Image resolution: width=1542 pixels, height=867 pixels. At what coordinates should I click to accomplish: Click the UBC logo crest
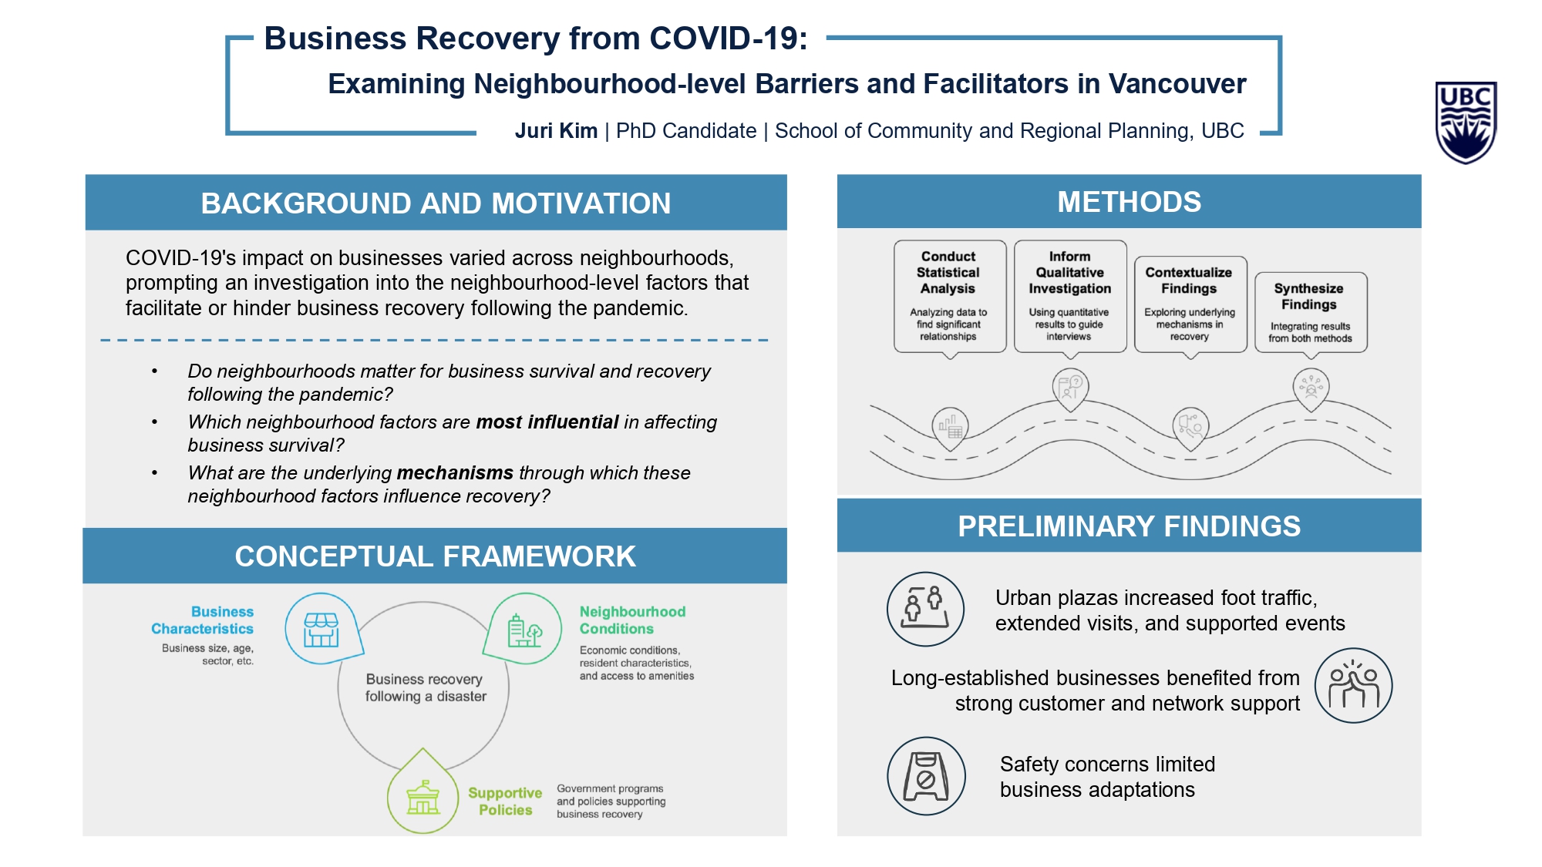coord(1466,123)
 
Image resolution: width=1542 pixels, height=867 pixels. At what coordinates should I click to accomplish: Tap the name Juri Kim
coord(556,131)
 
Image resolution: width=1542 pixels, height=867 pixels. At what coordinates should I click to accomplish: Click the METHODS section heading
coord(1129,202)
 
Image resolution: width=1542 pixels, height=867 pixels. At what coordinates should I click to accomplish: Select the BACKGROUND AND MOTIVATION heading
coord(436,203)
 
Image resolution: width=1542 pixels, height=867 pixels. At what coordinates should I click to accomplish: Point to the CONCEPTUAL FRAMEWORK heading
coord(435,556)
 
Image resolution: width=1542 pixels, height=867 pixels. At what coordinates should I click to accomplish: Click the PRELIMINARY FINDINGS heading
coord(1129,526)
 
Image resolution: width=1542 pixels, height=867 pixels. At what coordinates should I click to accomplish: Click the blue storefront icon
coord(323,629)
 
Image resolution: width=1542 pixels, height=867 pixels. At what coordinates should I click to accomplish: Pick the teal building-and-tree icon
coord(524,629)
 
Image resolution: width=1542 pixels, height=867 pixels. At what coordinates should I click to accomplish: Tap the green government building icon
coord(423,791)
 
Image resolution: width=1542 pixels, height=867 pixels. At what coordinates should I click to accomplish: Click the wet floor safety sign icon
coord(926,776)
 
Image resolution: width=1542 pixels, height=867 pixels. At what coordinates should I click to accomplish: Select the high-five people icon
coord(1353,685)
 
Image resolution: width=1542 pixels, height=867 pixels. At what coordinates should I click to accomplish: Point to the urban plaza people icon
coord(925,609)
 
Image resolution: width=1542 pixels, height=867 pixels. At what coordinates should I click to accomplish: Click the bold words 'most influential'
coord(547,422)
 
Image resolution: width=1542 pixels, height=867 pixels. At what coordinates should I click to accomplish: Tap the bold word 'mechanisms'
coord(455,472)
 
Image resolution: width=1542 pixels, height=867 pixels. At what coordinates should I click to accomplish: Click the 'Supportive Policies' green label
coord(505,801)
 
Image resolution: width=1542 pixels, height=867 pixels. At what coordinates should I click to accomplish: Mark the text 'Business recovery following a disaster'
coord(426,687)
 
